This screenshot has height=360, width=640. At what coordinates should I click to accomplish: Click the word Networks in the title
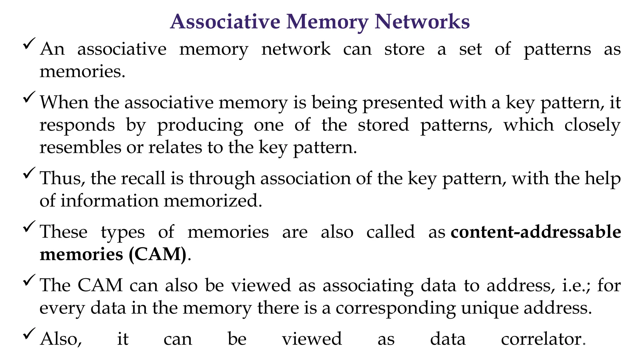click(422, 22)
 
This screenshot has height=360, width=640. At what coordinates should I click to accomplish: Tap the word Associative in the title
click(225, 22)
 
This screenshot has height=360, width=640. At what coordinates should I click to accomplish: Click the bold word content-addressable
click(536, 232)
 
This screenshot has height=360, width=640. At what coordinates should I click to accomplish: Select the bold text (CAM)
click(157, 254)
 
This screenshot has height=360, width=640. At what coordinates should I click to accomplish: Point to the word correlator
click(541, 339)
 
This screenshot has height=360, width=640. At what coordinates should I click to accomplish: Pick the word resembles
click(80, 147)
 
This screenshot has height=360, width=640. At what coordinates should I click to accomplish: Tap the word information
click(109, 201)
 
